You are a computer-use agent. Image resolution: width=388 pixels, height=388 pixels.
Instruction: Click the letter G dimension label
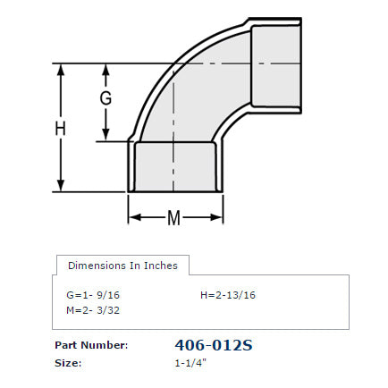click(105, 98)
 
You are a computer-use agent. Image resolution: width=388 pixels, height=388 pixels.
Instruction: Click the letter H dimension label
click(61, 129)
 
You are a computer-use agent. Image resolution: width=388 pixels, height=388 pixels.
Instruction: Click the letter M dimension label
click(175, 217)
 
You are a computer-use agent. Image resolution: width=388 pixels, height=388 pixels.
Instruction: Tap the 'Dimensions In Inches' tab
click(122, 265)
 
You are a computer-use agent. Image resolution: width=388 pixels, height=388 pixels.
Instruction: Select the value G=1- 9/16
click(92, 293)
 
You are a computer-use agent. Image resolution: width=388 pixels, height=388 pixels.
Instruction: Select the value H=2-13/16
click(227, 293)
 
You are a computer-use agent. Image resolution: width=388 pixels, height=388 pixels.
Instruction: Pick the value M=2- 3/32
click(92, 309)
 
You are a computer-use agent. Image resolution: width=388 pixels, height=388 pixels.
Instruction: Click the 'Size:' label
click(68, 363)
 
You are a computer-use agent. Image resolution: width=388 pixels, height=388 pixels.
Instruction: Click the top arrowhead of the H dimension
click(61, 69)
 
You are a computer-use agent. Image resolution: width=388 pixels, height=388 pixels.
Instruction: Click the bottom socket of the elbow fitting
click(175, 167)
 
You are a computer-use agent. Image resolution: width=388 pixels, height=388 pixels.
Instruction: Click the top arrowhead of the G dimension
click(105, 69)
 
